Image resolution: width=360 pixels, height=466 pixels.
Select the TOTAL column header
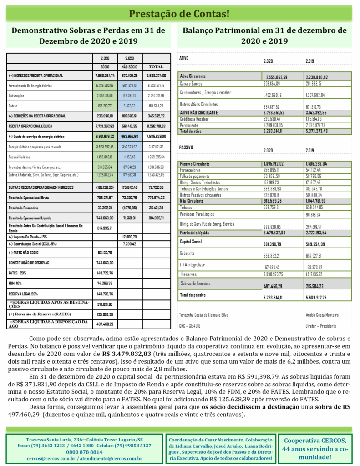[x=156, y=66]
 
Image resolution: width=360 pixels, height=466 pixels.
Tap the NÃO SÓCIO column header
[x=129, y=66]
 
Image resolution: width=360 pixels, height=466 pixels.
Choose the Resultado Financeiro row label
[x=25, y=208]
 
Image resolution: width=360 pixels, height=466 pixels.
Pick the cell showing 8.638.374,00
[x=156, y=76]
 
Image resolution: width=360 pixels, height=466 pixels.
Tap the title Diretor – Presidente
[x=321, y=326]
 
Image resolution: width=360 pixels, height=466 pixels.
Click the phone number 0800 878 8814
[x=84, y=452]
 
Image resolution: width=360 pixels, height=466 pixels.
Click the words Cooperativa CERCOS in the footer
[x=315, y=441]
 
